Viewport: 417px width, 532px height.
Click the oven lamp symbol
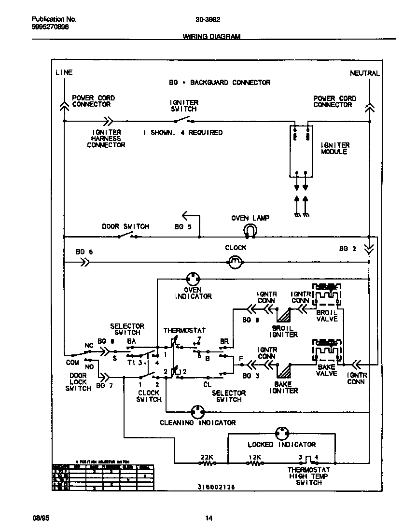click(x=250, y=231)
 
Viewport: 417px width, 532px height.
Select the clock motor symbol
click(x=235, y=262)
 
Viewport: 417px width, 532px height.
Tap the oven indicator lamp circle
click(x=193, y=279)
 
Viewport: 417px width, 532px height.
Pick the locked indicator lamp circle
click(x=282, y=433)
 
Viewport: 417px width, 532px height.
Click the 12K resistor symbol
click(x=255, y=463)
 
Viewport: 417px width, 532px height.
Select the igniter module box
click(x=301, y=151)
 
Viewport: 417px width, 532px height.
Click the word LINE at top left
click(x=64, y=72)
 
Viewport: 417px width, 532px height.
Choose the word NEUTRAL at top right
click(x=364, y=73)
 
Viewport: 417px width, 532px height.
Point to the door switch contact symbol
click(x=128, y=236)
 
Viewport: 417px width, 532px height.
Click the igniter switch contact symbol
click(x=184, y=120)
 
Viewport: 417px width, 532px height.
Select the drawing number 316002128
click(x=216, y=487)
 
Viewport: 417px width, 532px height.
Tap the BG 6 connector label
click(x=84, y=252)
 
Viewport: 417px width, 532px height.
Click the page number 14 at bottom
click(x=208, y=518)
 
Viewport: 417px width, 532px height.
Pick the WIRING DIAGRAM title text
click(x=211, y=37)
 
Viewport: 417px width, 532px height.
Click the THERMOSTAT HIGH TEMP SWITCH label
click(x=308, y=476)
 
